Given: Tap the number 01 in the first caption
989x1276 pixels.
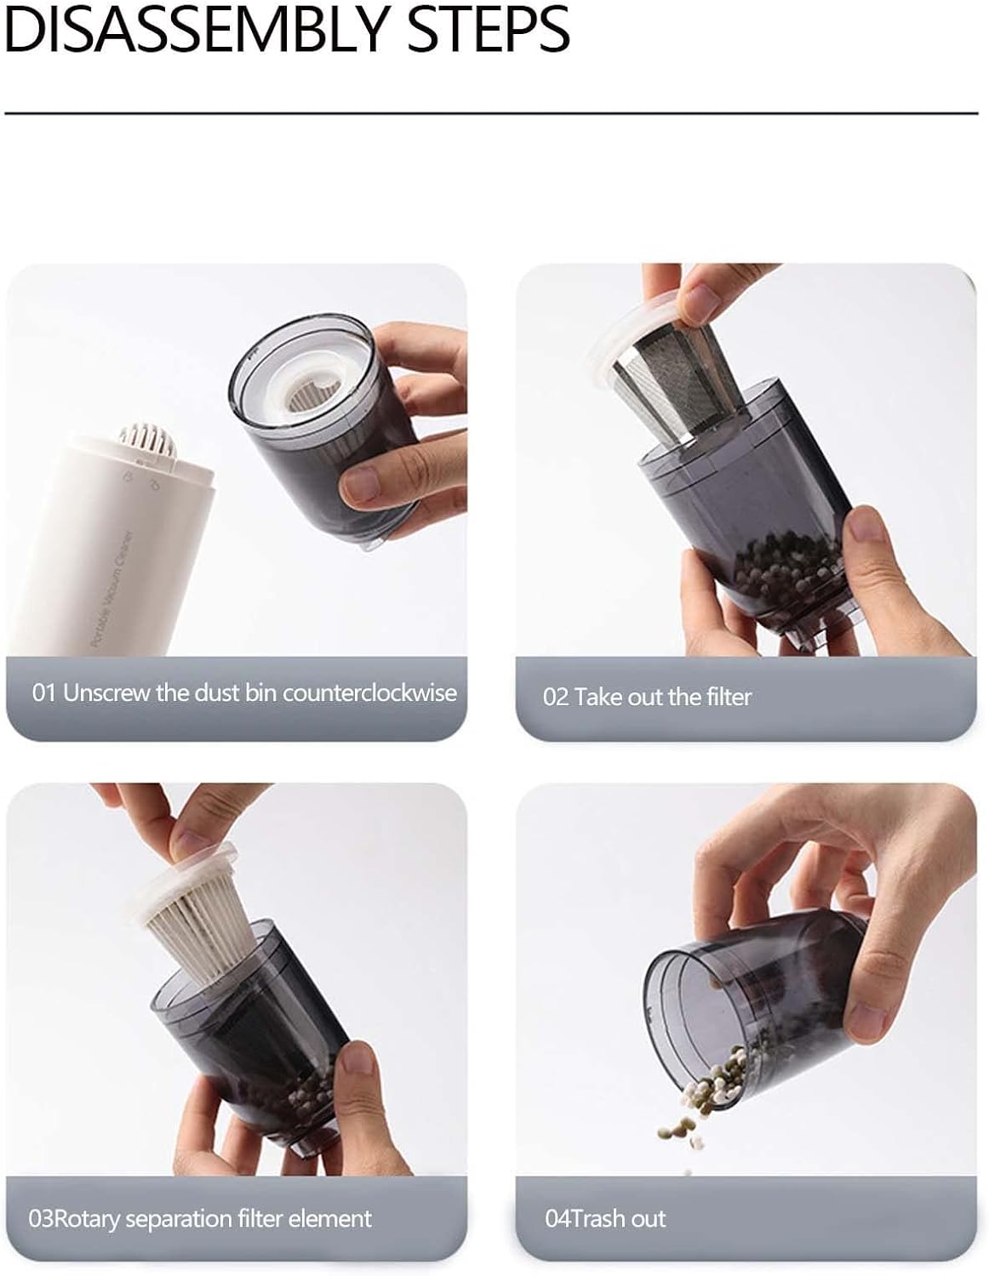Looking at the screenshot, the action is (x=44, y=693).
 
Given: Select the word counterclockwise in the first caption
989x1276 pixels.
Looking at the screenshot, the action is (x=370, y=693).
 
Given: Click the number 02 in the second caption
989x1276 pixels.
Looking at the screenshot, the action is (x=556, y=698).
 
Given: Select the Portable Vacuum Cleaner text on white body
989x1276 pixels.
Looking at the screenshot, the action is (x=111, y=590).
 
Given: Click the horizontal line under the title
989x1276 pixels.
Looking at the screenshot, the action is (x=491, y=112).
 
